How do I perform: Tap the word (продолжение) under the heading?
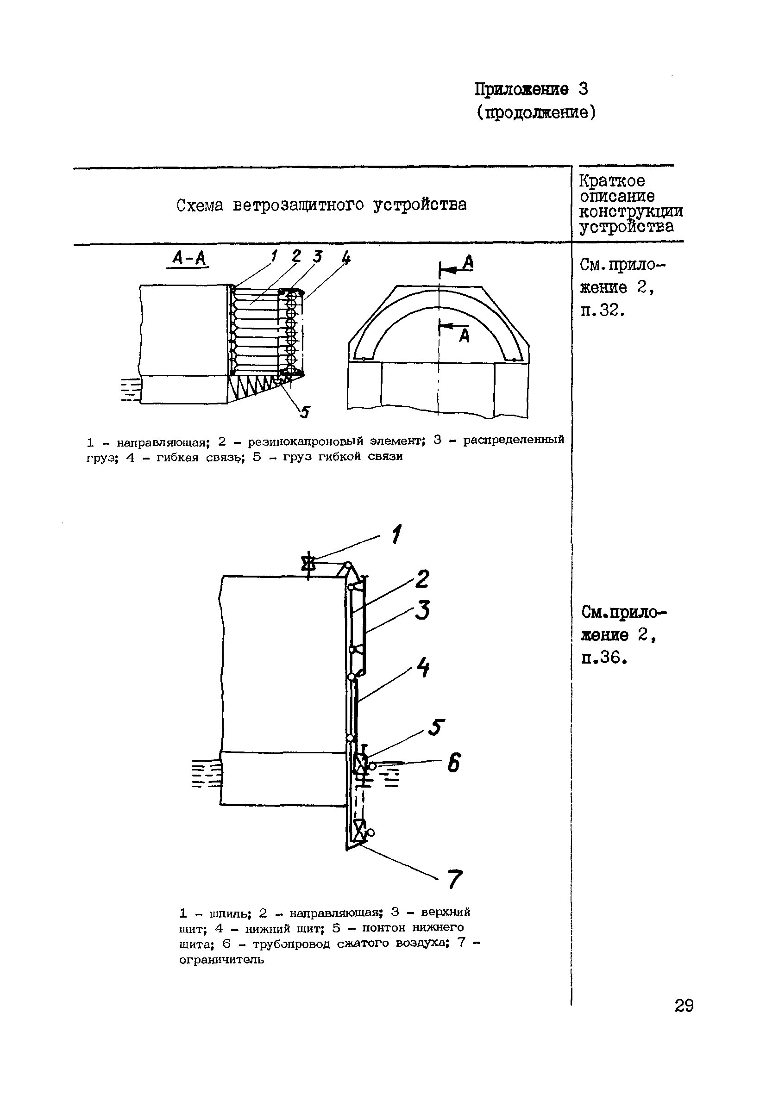(536, 113)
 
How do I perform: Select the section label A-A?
(188, 259)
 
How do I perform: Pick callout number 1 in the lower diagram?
(396, 534)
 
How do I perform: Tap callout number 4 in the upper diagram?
(346, 258)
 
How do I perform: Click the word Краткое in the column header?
(612, 181)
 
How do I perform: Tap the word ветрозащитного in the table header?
(298, 205)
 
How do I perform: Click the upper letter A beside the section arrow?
(468, 263)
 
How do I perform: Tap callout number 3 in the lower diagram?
(422, 610)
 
